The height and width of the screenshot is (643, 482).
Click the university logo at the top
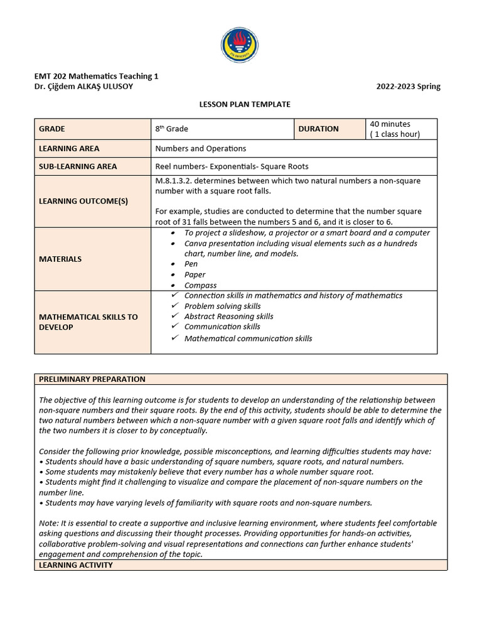(x=239, y=45)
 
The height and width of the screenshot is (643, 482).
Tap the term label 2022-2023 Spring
(x=408, y=87)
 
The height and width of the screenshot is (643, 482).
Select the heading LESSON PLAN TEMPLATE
(x=241, y=104)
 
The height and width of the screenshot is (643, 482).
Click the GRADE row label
(x=52, y=129)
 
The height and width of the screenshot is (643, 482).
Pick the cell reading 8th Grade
(x=172, y=129)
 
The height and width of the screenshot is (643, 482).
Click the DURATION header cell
(x=318, y=129)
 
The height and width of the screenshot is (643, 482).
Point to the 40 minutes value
(x=390, y=124)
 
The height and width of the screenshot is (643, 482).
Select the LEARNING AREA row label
(x=69, y=149)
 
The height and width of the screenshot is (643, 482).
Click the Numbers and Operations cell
(x=201, y=149)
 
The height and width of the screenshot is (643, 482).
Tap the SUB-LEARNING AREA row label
(x=78, y=166)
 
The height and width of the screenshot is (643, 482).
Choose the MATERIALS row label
(x=60, y=259)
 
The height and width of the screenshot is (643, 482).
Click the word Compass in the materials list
(x=200, y=285)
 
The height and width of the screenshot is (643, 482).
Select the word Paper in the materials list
(x=195, y=274)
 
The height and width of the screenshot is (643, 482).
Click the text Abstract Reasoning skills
(x=228, y=316)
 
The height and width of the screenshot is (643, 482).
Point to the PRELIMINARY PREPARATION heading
(x=92, y=379)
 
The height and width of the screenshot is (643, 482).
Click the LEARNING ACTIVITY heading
(x=76, y=565)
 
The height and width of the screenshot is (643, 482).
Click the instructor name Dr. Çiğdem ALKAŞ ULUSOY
(x=83, y=87)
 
